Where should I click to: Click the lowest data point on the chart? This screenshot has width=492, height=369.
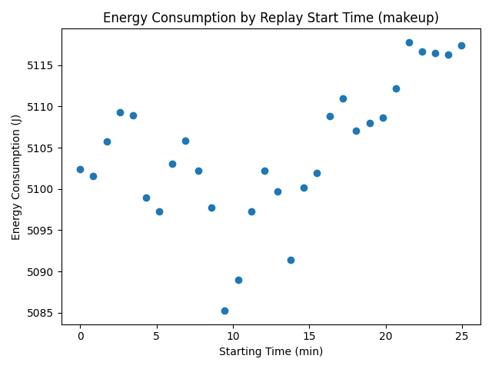pos(224,311)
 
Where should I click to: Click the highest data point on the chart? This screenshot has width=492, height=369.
pos(409,42)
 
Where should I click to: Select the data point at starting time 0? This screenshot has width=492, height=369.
pos(80,169)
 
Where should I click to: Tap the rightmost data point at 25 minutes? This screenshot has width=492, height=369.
pos(461,45)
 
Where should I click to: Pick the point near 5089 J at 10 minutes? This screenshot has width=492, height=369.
pos(238,280)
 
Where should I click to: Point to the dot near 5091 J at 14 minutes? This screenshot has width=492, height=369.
pos(291,260)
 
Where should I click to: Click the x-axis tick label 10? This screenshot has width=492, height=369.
pos(233,337)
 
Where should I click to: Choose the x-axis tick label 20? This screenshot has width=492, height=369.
pos(385,337)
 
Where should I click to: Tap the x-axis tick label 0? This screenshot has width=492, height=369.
pos(80,337)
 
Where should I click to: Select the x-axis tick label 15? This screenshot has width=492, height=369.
pos(309,337)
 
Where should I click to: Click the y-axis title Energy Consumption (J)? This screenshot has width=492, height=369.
pos(17,176)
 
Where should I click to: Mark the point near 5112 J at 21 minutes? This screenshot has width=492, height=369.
pos(396,88)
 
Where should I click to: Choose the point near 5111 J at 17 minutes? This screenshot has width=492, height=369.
pos(343,98)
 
